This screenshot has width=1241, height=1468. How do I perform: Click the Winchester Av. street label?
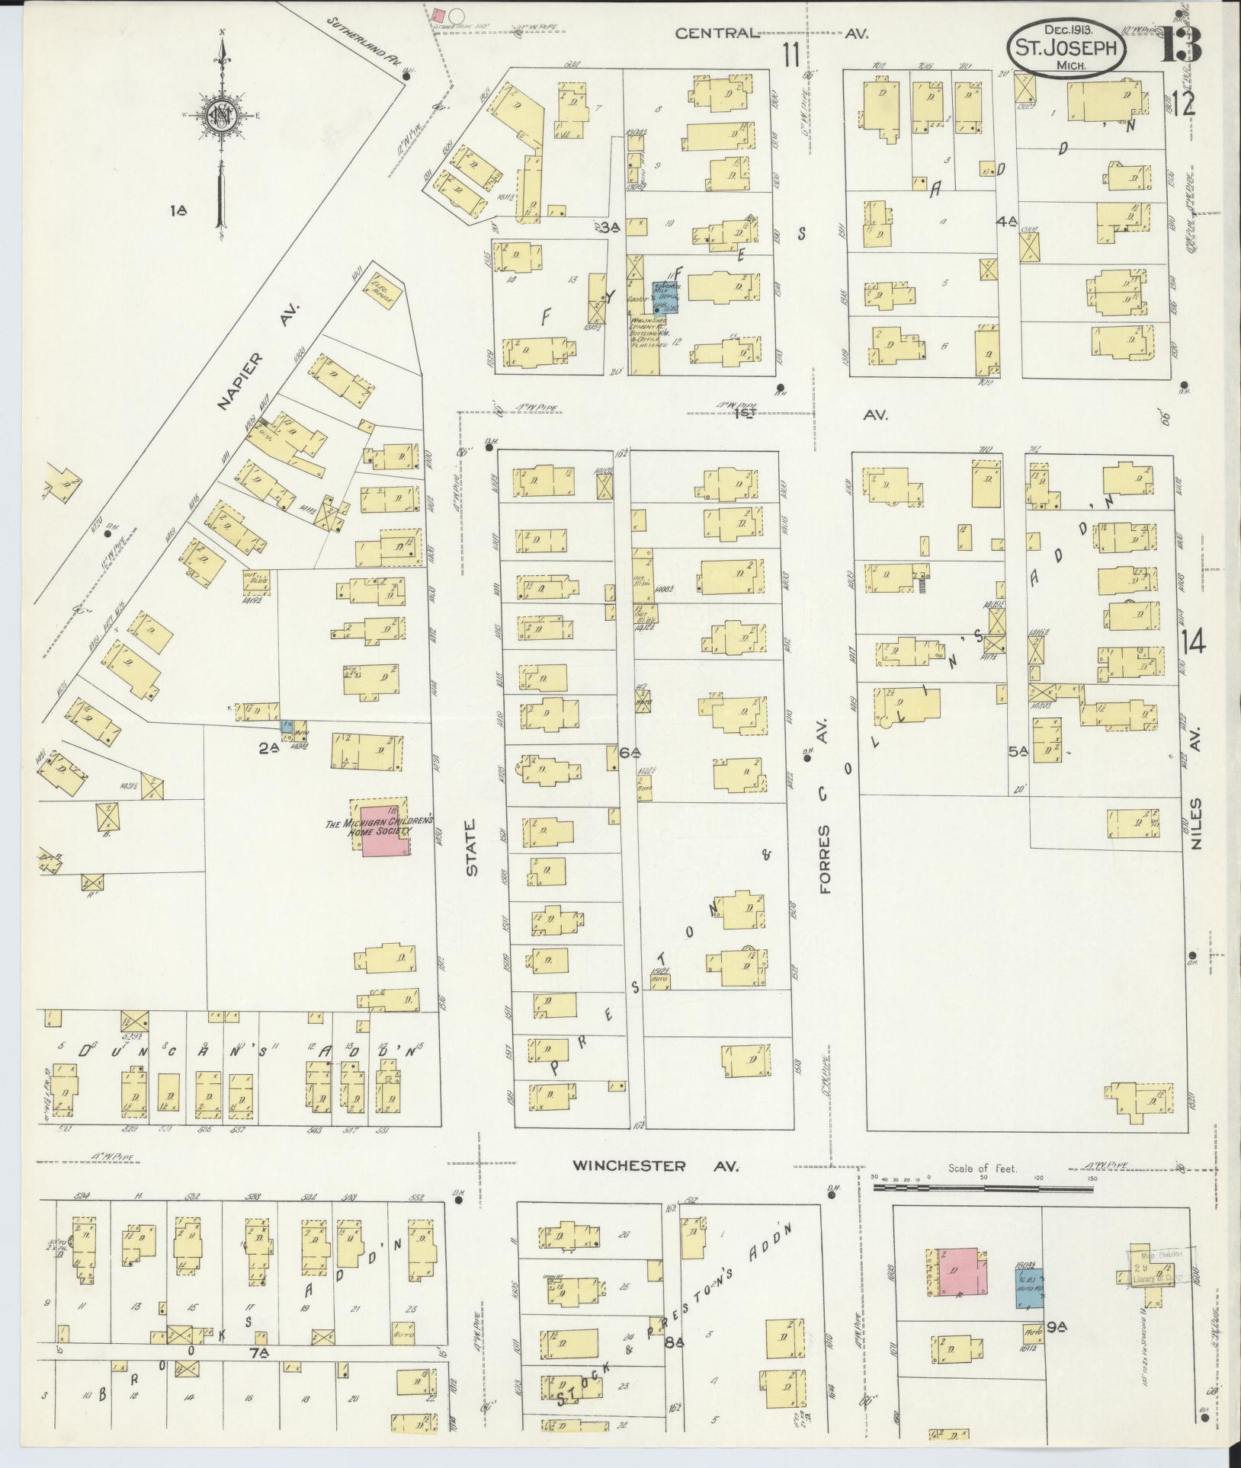[x=656, y=1187]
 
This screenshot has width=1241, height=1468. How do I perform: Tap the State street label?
[x=471, y=846]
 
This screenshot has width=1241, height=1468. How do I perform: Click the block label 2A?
[x=267, y=749]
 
